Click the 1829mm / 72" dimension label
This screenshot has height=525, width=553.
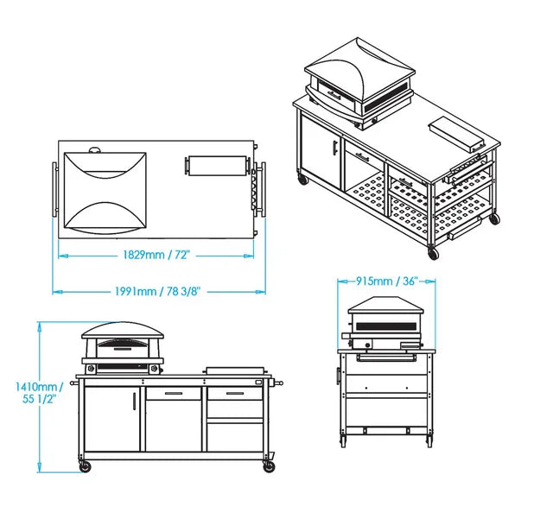coord(156,255)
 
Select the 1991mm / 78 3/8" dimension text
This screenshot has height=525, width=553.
coord(157,291)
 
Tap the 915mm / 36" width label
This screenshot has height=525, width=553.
coord(387,281)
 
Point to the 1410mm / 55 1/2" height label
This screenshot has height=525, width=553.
coord(39,393)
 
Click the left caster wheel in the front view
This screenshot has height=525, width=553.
coord(85,467)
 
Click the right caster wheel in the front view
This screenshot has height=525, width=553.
coord(269,467)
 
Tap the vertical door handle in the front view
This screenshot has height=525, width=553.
coord(134,401)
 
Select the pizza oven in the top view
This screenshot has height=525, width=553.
coord(105,192)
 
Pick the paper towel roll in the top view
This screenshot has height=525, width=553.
coord(218,165)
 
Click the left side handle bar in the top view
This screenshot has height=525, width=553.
coord(54,189)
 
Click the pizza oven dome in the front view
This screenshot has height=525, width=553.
coord(123,330)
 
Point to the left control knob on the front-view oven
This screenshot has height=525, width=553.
coord(92,369)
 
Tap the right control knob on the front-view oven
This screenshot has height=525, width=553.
coord(154,369)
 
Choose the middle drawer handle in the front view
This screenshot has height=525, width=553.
coord(174,393)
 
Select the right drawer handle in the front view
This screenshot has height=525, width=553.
coord(235,393)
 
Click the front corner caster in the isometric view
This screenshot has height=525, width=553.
coord(433,252)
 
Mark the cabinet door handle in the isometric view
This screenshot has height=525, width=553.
coord(334,147)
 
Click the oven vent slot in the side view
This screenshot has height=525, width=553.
coord(386,326)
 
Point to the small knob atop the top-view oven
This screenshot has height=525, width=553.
coord(95,150)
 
